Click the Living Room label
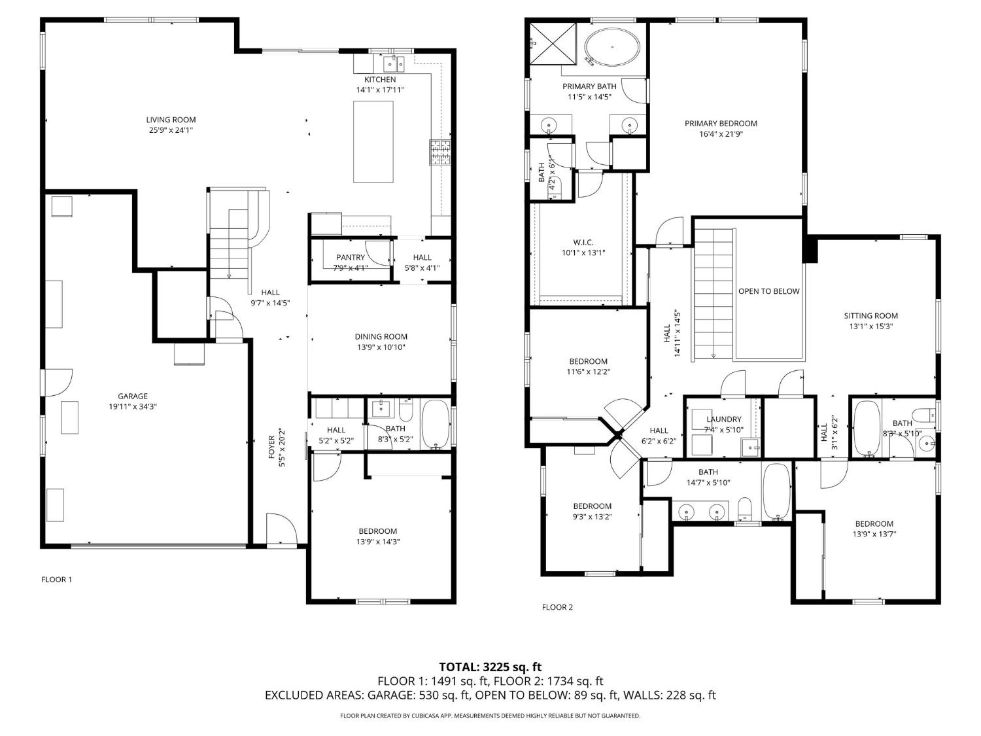coord(171,120)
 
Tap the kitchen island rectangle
coord(373,141)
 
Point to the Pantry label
coord(351,257)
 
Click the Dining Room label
coord(381,337)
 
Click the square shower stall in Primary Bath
coord(553,43)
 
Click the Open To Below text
coord(768,291)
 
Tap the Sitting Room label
coord(870,315)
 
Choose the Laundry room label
coord(724,419)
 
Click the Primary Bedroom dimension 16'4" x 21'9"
coord(721,133)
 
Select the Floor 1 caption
coord(57,579)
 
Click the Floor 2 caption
coord(557,607)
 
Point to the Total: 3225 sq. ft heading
coord(490,667)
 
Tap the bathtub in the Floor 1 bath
coord(436,425)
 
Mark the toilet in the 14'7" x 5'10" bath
coord(744,508)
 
